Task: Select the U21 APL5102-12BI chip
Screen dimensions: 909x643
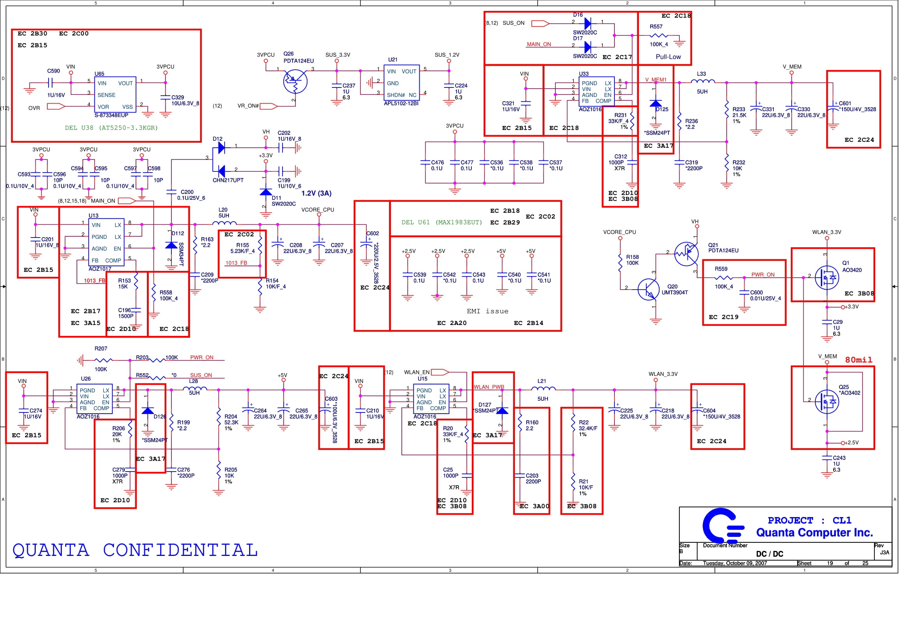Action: [401, 83]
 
